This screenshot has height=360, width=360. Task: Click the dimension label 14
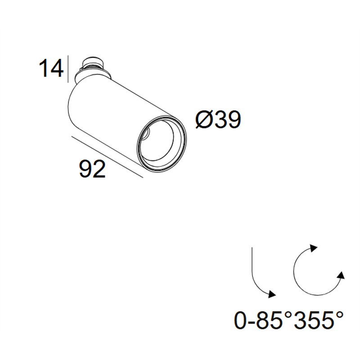[51, 68]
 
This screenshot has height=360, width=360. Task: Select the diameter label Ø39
[218, 119]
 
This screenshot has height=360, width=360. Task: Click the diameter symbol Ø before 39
[204, 119]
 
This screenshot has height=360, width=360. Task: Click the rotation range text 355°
[319, 320]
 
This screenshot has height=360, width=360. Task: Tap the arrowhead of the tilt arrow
[272, 294]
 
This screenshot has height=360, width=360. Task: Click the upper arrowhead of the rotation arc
[313, 248]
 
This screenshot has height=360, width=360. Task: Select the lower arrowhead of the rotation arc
[342, 275]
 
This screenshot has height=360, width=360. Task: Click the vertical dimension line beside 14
[68, 69]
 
